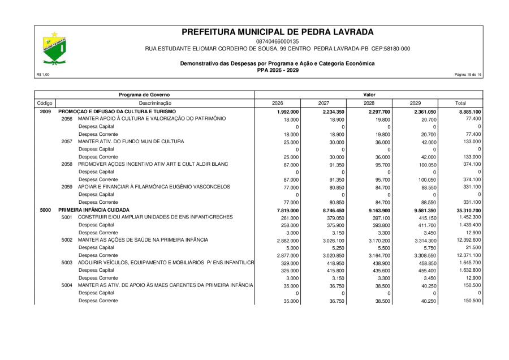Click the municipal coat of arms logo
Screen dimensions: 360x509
click(55, 48)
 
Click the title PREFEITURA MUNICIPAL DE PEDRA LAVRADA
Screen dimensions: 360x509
click(277, 32)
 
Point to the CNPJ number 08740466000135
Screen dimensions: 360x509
click(277, 41)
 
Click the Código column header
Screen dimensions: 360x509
click(45, 103)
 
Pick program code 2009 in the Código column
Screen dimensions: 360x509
click(45, 112)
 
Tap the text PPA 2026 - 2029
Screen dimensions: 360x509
click(277, 70)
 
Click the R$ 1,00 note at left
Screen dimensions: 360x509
click(42, 75)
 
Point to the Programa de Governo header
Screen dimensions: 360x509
click(144, 95)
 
